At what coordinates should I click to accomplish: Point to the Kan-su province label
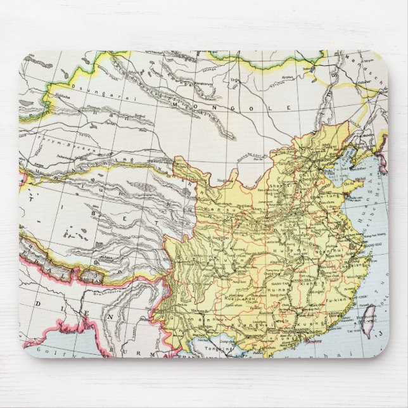coord(226,208)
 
